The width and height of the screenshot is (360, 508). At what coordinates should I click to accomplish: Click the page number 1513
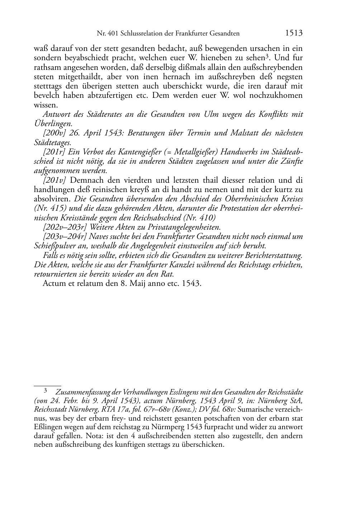tap(294, 33)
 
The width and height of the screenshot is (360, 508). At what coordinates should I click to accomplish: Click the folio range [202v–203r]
tap(65, 227)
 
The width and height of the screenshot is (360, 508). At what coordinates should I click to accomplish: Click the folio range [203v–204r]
tap(65, 236)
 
